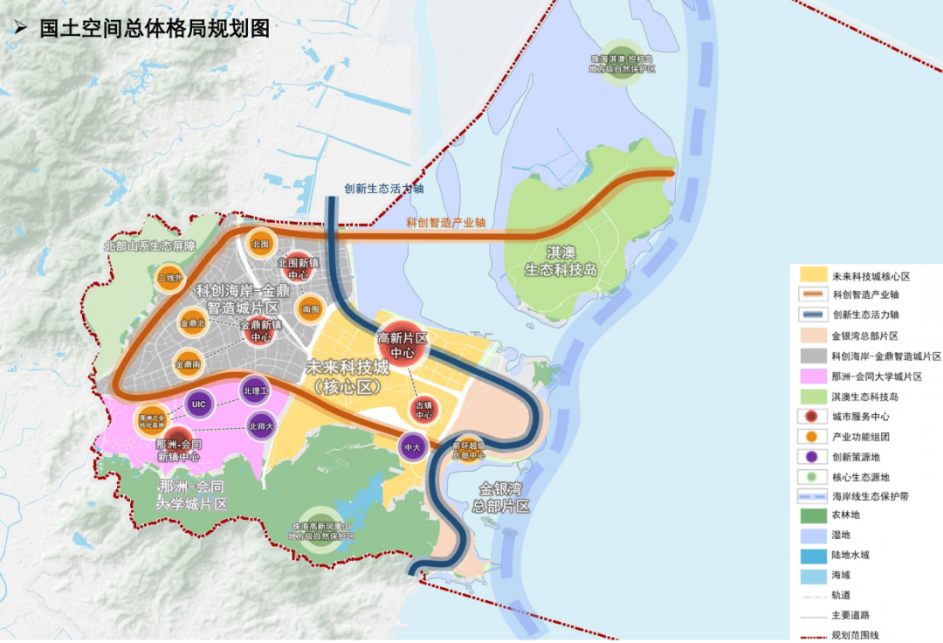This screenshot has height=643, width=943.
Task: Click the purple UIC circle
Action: click(x=199, y=404)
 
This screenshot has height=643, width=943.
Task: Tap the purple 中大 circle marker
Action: click(x=411, y=446)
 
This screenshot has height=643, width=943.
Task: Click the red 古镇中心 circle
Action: click(x=424, y=410)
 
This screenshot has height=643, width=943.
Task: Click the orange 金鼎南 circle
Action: click(x=189, y=363)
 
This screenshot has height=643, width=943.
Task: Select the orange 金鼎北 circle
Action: click(x=193, y=323)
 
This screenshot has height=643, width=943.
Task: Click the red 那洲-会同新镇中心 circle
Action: click(x=178, y=445)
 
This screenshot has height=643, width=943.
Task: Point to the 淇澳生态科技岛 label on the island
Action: click(x=561, y=261)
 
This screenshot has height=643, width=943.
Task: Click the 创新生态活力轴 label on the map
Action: click(x=384, y=188)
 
